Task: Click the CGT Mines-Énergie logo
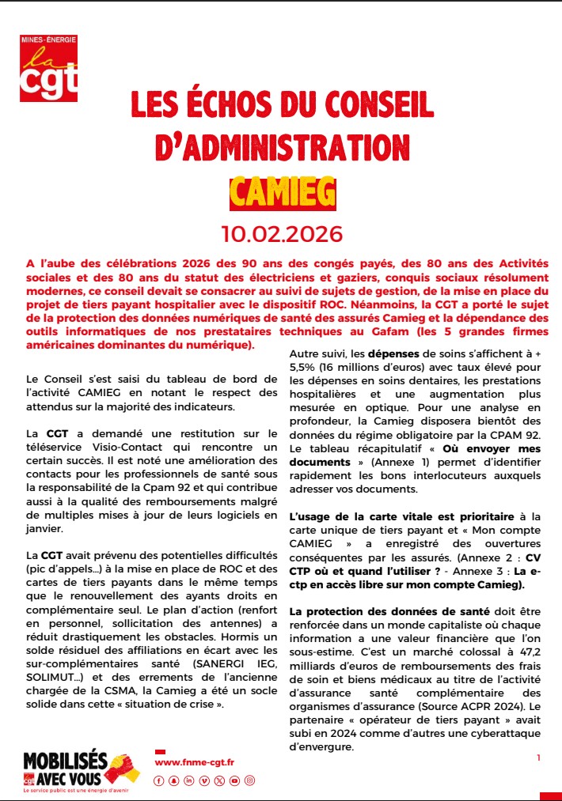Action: point(49,68)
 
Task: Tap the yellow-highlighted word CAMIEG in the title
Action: point(282,191)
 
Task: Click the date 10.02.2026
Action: point(282,234)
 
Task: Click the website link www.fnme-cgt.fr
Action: point(195,761)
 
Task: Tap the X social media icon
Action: point(218,780)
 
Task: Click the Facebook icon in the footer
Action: point(158,780)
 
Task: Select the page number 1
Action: point(538,758)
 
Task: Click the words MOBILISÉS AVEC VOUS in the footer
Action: point(65,767)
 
